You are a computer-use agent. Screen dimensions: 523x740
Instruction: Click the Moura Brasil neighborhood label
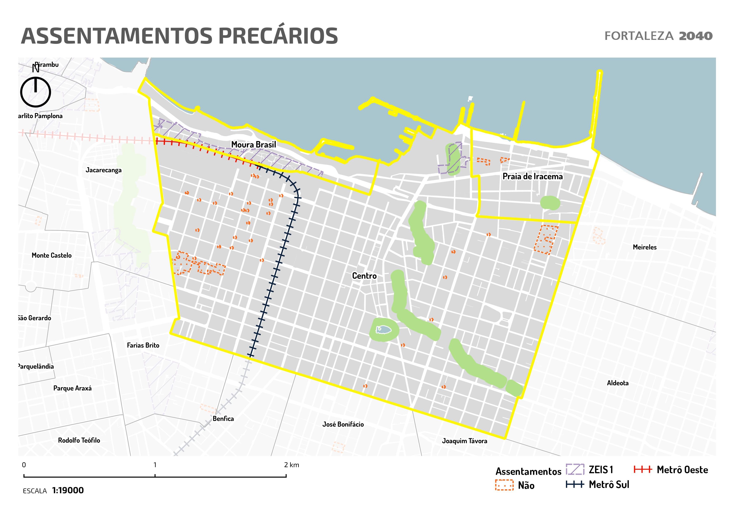254,145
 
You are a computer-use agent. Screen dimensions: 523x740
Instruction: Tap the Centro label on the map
364,276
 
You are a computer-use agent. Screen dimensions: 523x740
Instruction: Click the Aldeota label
618,383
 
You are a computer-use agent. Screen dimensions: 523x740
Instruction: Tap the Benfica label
223,419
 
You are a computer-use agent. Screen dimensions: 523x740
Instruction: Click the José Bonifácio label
343,425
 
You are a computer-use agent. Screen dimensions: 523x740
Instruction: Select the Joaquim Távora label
464,441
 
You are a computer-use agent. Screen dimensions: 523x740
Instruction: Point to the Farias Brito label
143,345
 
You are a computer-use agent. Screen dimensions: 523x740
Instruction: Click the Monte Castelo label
51,255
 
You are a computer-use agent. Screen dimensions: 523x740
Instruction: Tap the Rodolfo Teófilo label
79,440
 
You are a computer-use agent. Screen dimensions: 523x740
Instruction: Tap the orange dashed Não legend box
504,485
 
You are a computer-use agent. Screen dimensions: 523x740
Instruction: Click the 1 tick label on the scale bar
155,465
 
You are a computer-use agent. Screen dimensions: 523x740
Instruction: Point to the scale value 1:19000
68,491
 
